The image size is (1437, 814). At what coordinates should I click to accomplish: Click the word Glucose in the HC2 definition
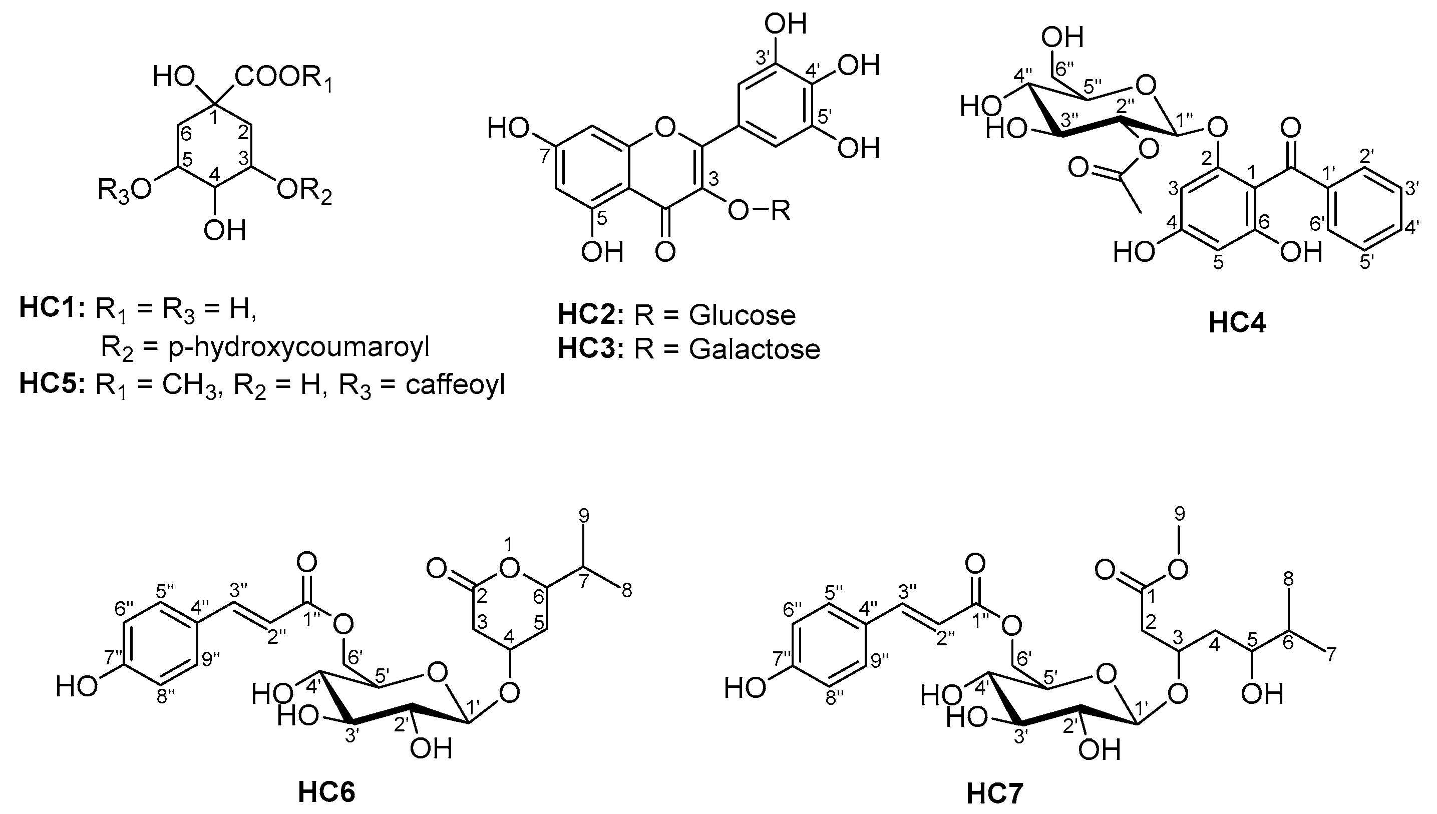click(x=742, y=315)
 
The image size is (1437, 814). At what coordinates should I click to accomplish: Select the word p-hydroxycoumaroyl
click(x=298, y=348)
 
